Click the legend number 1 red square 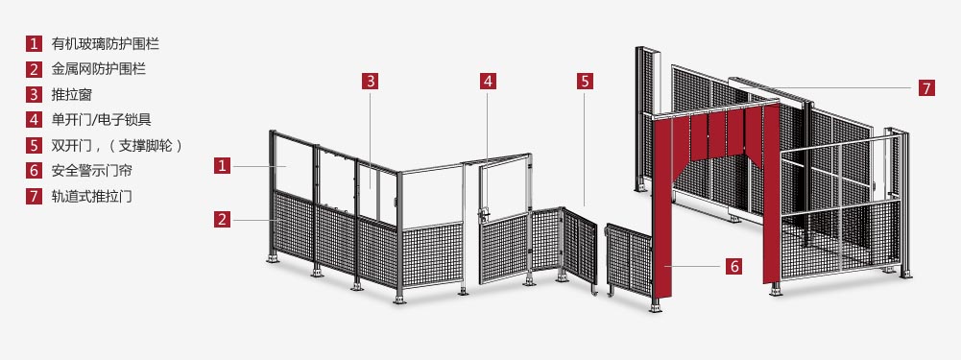point(34,43)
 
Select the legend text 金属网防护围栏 point(99,69)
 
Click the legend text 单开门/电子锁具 point(101,120)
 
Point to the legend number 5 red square point(34,145)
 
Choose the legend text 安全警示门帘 point(92,171)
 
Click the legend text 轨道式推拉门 point(92,196)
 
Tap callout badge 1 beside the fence point(223,165)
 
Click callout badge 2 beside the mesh point(223,219)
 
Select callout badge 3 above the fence point(370,81)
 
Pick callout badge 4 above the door point(488,81)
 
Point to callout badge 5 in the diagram point(585,81)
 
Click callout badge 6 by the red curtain point(733,266)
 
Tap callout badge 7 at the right point(926,87)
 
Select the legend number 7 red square point(34,196)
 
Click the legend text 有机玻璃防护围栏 point(106,43)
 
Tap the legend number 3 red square point(34,94)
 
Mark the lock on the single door point(484,215)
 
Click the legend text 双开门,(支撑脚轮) point(117,145)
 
